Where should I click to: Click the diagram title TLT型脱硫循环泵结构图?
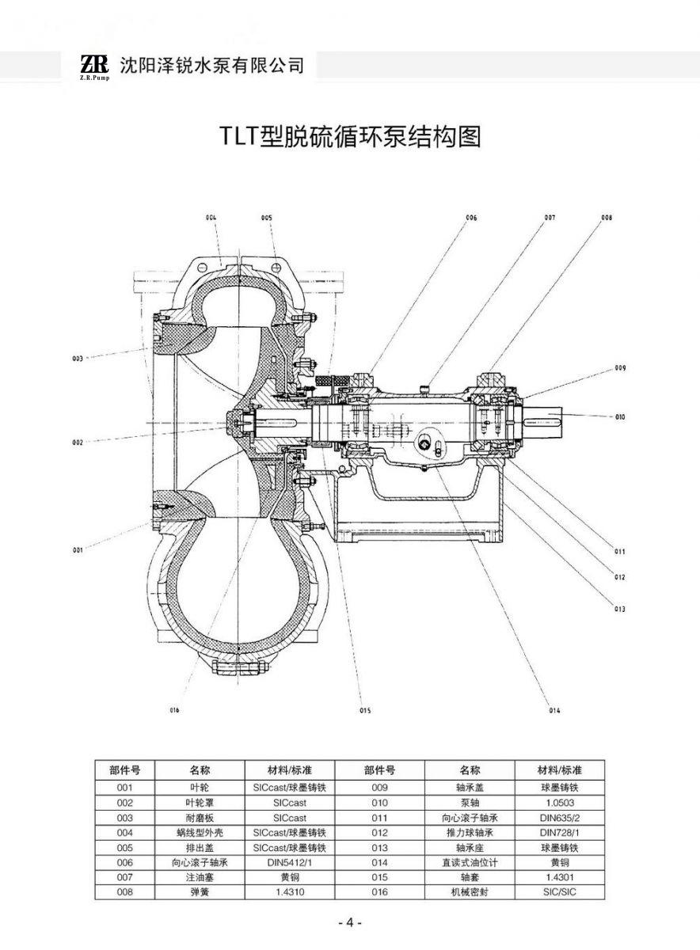point(349,137)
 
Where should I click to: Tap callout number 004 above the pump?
point(211,217)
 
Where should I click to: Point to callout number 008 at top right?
point(607,216)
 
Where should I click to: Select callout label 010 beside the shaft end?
point(619,416)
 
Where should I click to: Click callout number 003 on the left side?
point(78,359)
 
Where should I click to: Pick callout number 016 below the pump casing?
point(175,709)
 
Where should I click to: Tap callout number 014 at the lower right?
point(554,710)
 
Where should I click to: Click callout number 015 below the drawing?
point(365,710)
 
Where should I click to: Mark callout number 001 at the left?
point(78,549)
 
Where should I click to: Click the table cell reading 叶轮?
point(199,788)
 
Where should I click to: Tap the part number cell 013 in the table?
point(379,847)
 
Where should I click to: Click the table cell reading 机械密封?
point(470,892)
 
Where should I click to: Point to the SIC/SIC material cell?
point(560,892)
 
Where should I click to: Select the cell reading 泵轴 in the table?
point(470,803)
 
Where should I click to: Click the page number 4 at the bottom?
point(349,923)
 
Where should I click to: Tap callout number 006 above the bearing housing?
point(471,217)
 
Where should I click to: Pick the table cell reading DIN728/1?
point(560,833)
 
